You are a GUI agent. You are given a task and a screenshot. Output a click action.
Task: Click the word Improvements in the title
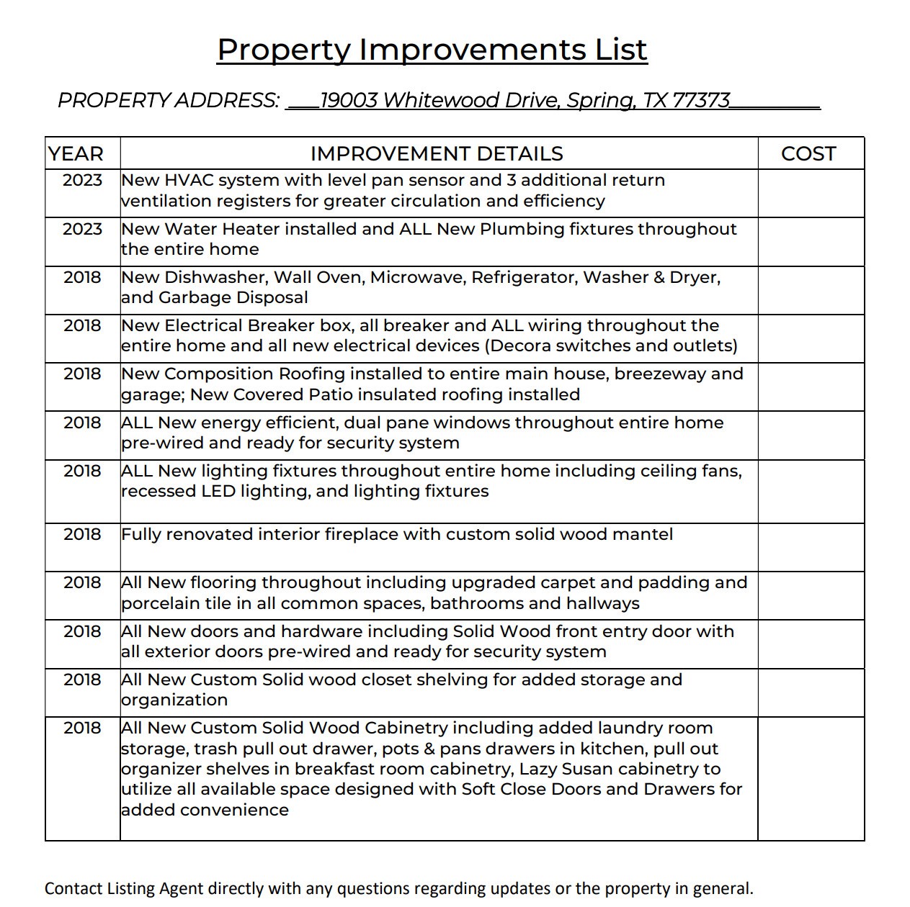473,50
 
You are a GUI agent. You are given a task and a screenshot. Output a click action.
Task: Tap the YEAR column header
76,154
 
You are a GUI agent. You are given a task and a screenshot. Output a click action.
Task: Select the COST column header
808,154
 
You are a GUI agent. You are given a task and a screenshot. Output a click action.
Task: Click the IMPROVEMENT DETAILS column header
437,154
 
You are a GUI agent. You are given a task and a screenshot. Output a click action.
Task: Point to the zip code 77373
701,100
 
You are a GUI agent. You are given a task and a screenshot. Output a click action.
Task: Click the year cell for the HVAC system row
82,180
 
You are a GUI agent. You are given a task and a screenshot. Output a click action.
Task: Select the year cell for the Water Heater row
82,229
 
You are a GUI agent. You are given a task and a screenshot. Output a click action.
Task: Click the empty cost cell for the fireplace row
811,547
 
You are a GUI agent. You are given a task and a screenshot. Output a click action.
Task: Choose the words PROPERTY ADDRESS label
168,100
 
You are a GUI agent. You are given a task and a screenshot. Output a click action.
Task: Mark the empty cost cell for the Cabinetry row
811,778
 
